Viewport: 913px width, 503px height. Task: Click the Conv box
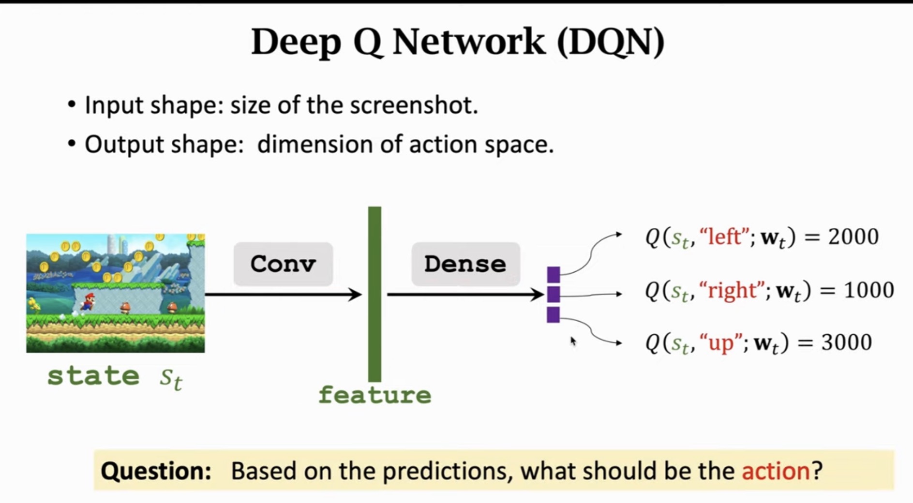pyautogui.click(x=283, y=264)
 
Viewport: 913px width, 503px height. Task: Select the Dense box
pyautogui.click(x=465, y=264)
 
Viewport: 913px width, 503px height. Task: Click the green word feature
pyautogui.click(x=375, y=395)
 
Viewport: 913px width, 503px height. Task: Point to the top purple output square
pyautogui.click(x=554, y=275)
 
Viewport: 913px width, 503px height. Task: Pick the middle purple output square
pyautogui.click(x=554, y=294)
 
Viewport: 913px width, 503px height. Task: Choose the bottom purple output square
pyautogui.click(x=554, y=314)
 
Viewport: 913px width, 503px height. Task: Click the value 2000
pyautogui.click(x=853, y=237)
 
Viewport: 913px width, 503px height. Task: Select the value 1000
pyautogui.click(x=868, y=290)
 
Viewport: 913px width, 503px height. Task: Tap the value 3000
pyautogui.click(x=846, y=342)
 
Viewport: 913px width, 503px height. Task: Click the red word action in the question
pyautogui.click(x=776, y=471)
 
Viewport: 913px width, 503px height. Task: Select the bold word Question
pyautogui.click(x=156, y=471)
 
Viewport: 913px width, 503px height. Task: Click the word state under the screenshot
pyautogui.click(x=93, y=376)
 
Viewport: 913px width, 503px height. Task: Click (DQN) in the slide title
pyautogui.click(x=611, y=42)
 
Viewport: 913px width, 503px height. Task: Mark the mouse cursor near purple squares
pyautogui.click(x=572, y=340)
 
